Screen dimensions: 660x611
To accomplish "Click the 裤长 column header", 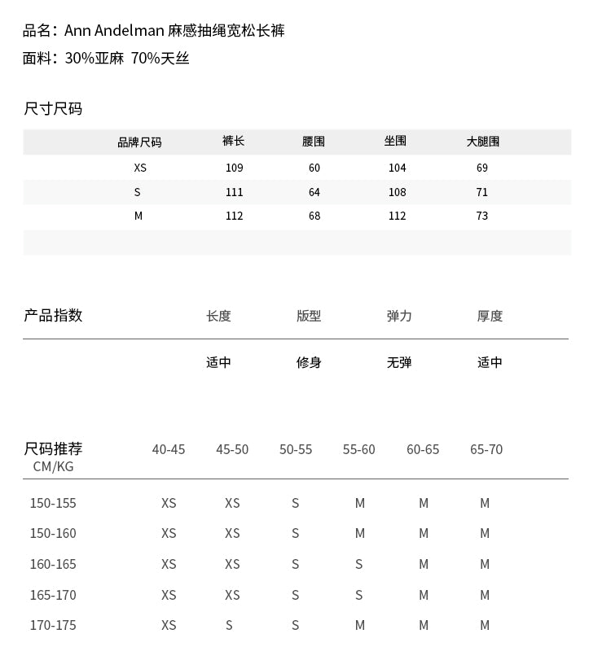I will coord(234,141).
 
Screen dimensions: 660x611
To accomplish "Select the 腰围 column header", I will coord(314,142).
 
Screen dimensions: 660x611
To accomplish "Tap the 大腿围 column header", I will coord(482,142).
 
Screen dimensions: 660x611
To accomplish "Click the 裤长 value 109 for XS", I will coord(235,168).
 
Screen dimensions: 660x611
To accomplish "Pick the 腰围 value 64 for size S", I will coord(314,192).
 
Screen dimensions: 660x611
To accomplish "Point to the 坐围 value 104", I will coord(397,168).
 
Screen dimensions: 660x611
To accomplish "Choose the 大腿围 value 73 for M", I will coord(482,216).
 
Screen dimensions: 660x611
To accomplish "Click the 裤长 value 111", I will coord(235,192).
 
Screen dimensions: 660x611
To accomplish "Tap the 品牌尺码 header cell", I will coord(139,142).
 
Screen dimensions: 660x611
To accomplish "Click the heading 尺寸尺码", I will coord(53,109).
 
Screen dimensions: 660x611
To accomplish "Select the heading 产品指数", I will coord(53,316).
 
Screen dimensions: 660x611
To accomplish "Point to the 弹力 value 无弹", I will coord(399,362).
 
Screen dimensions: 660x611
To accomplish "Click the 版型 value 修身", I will coord(309,362).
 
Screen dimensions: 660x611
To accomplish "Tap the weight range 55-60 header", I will coord(359,449).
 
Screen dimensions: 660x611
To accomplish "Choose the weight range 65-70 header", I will coord(486,449).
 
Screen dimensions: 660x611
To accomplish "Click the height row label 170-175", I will coord(53,625).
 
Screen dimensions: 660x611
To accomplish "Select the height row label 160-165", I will coord(53,564).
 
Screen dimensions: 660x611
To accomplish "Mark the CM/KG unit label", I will coord(53,466).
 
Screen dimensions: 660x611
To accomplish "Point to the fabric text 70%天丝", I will coord(160,59).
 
